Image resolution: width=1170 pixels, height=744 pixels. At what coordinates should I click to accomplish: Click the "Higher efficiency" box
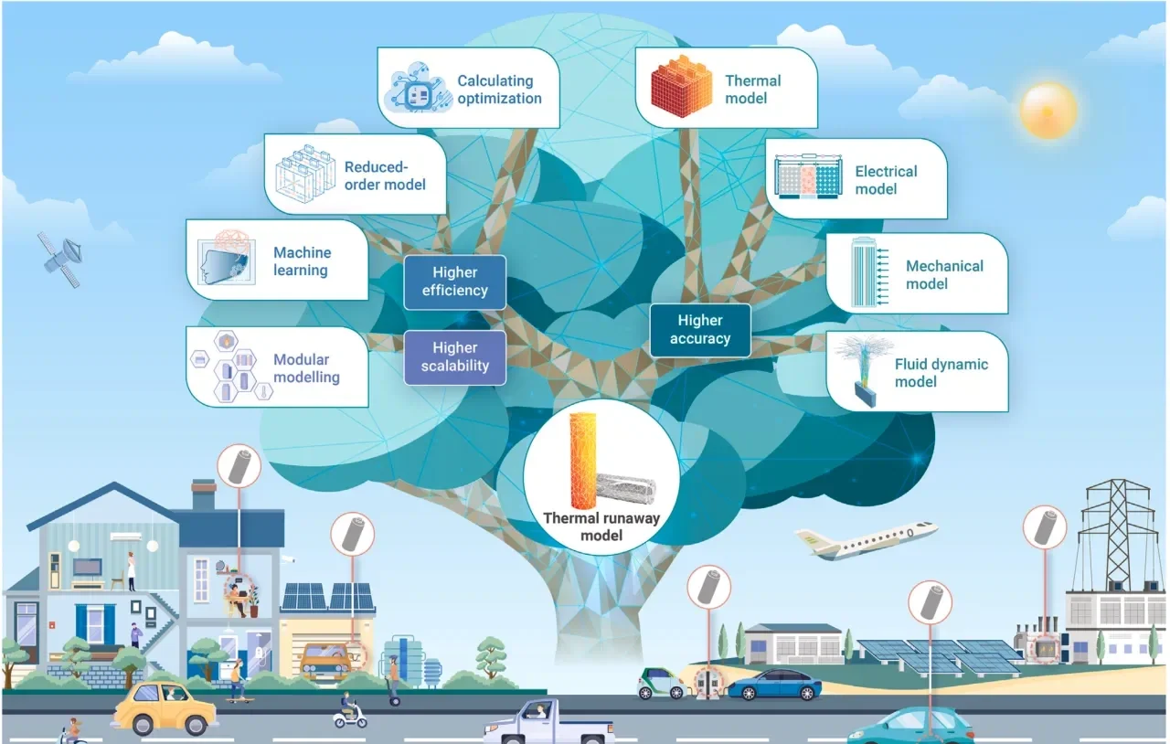click(455, 282)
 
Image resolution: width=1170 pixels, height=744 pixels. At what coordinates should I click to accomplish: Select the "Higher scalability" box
click(455, 357)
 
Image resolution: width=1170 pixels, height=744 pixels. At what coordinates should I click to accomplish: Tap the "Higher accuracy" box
click(700, 330)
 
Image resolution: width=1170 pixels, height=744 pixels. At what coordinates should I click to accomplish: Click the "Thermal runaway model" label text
click(601, 526)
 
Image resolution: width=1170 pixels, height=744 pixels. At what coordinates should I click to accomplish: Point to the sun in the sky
click(1048, 111)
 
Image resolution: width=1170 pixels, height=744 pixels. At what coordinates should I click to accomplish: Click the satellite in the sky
click(61, 260)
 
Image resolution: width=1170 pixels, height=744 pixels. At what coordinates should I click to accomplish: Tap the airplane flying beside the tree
click(865, 540)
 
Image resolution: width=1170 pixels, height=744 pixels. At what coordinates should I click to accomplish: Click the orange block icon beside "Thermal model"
click(681, 86)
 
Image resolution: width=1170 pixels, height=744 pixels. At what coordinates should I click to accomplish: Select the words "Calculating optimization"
click(499, 90)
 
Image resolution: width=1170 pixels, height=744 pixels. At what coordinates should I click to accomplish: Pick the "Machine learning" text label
click(302, 261)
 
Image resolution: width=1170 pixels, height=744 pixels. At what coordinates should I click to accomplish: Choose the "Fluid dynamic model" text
click(941, 373)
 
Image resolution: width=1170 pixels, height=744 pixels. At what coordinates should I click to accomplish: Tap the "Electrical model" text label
click(886, 180)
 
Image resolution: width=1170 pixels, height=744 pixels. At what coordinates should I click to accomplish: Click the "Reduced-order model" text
click(385, 175)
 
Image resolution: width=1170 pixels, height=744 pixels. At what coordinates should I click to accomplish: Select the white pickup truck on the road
click(548, 722)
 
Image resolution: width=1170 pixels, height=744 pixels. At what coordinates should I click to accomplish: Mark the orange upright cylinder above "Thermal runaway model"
click(582, 461)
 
